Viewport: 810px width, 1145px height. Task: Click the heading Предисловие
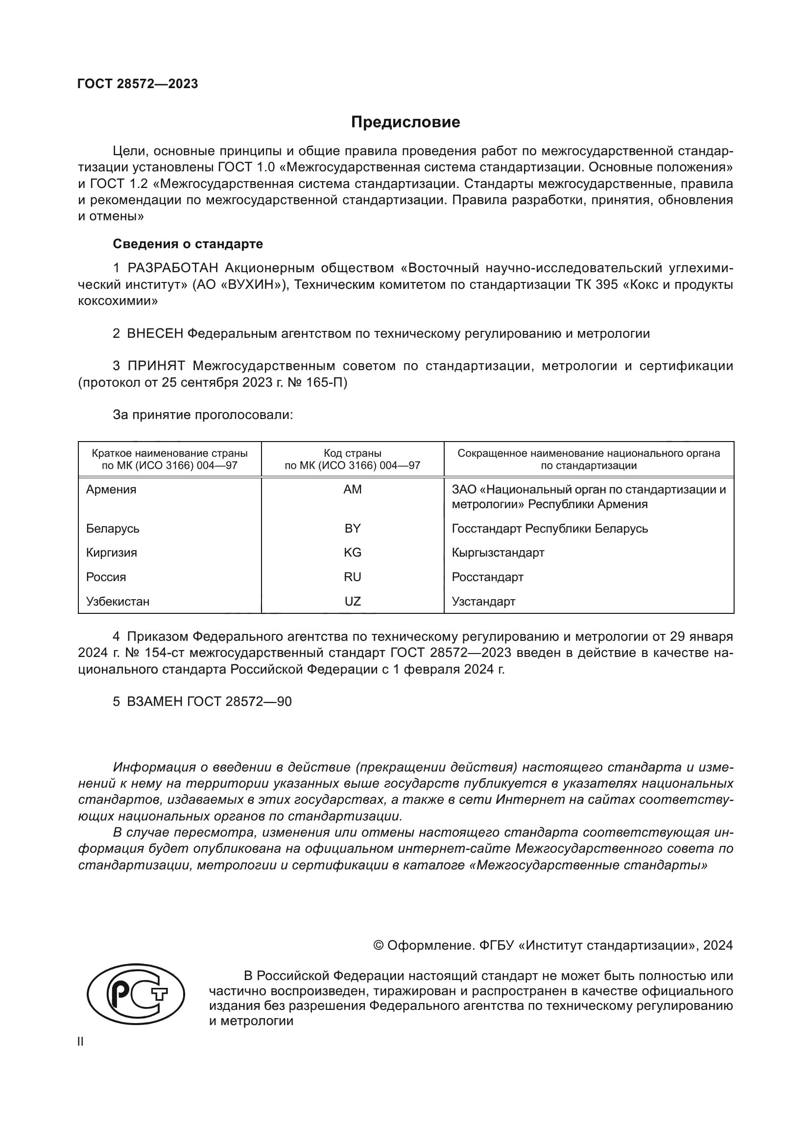point(405,122)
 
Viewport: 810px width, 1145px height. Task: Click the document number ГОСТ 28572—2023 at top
point(138,84)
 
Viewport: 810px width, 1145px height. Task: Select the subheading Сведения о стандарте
point(188,244)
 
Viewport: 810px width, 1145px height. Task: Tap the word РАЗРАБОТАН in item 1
point(172,268)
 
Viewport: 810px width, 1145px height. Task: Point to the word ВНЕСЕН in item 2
point(155,334)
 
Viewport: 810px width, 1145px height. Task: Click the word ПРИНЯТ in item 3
point(156,366)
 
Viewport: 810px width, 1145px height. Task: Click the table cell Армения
point(111,489)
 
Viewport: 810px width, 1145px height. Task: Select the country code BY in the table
point(353,528)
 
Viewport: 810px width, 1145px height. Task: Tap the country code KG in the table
point(353,553)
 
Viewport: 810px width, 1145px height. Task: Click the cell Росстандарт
point(487,577)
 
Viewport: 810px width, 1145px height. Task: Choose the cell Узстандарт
point(483,602)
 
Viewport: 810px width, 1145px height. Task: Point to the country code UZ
point(353,602)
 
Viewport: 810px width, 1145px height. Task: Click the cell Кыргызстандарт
point(498,553)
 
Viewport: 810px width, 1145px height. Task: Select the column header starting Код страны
point(353,459)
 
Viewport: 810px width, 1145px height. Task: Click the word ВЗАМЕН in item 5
point(155,701)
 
